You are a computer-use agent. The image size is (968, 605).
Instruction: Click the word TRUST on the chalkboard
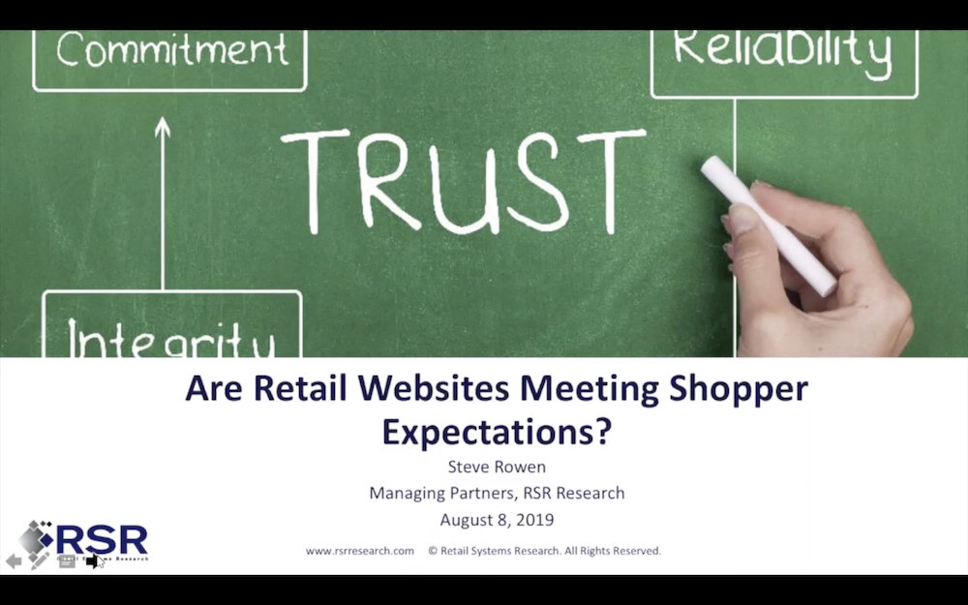coord(463,181)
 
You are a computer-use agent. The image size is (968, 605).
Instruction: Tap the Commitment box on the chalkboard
coord(169,60)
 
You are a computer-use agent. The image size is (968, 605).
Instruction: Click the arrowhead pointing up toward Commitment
coord(163,127)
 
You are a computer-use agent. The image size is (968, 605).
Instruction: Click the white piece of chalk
coord(769,225)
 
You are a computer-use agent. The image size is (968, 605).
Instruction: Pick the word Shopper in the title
coord(739,390)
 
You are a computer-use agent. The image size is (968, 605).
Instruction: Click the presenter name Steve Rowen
coord(497,467)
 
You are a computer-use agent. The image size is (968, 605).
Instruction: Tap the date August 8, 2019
coord(497,520)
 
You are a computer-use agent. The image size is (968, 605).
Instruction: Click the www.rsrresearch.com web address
coord(360,551)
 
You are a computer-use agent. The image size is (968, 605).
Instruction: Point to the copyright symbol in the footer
coord(433,551)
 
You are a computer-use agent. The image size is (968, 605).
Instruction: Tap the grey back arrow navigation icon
coord(14,561)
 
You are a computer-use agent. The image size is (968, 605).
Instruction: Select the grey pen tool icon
coord(39,560)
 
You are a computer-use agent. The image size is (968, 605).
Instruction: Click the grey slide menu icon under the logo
coord(67,560)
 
